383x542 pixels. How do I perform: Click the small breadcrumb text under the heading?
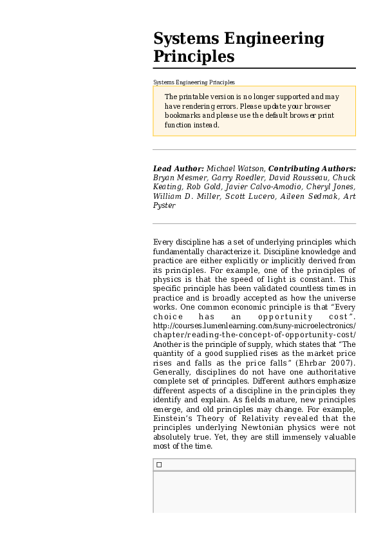194,82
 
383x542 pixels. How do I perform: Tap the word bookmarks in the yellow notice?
185,116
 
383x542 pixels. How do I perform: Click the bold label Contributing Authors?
312,169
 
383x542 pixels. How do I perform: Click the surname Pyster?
164,205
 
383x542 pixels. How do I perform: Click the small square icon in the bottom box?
159,465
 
